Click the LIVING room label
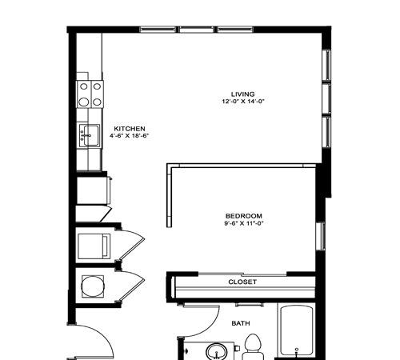(x=242, y=94)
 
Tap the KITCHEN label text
(x=130, y=129)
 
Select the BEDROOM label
(x=244, y=216)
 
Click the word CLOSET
(x=242, y=282)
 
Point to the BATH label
(x=241, y=323)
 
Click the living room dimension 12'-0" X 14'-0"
(x=243, y=102)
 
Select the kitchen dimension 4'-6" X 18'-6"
(x=129, y=135)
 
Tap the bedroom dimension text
(x=244, y=223)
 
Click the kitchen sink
(x=90, y=135)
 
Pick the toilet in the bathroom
(x=253, y=347)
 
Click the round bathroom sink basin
(x=216, y=352)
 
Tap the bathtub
(x=297, y=331)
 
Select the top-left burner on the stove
(x=84, y=86)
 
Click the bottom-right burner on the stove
(x=97, y=102)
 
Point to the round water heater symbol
(x=92, y=286)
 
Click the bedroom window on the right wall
(x=320, y=236)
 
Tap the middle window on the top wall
(x=197, y=30)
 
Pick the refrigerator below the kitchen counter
(x=94, y=191)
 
